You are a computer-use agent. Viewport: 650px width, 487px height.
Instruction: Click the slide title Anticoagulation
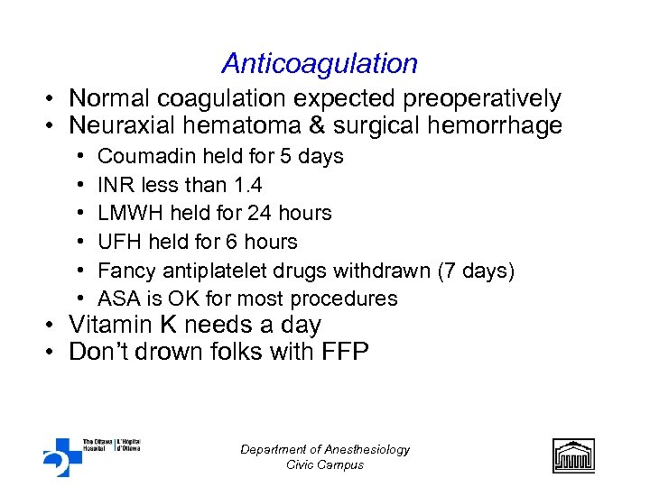(x=320, y=64)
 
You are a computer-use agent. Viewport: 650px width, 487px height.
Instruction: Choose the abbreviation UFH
(x=117, y=242)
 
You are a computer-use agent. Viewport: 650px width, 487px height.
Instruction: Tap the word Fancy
(x=125, y=270)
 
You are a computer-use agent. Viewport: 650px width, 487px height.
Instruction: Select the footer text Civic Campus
(x=325, y=464)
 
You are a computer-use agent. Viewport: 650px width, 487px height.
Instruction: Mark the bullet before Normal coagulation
(x=56, y=99)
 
